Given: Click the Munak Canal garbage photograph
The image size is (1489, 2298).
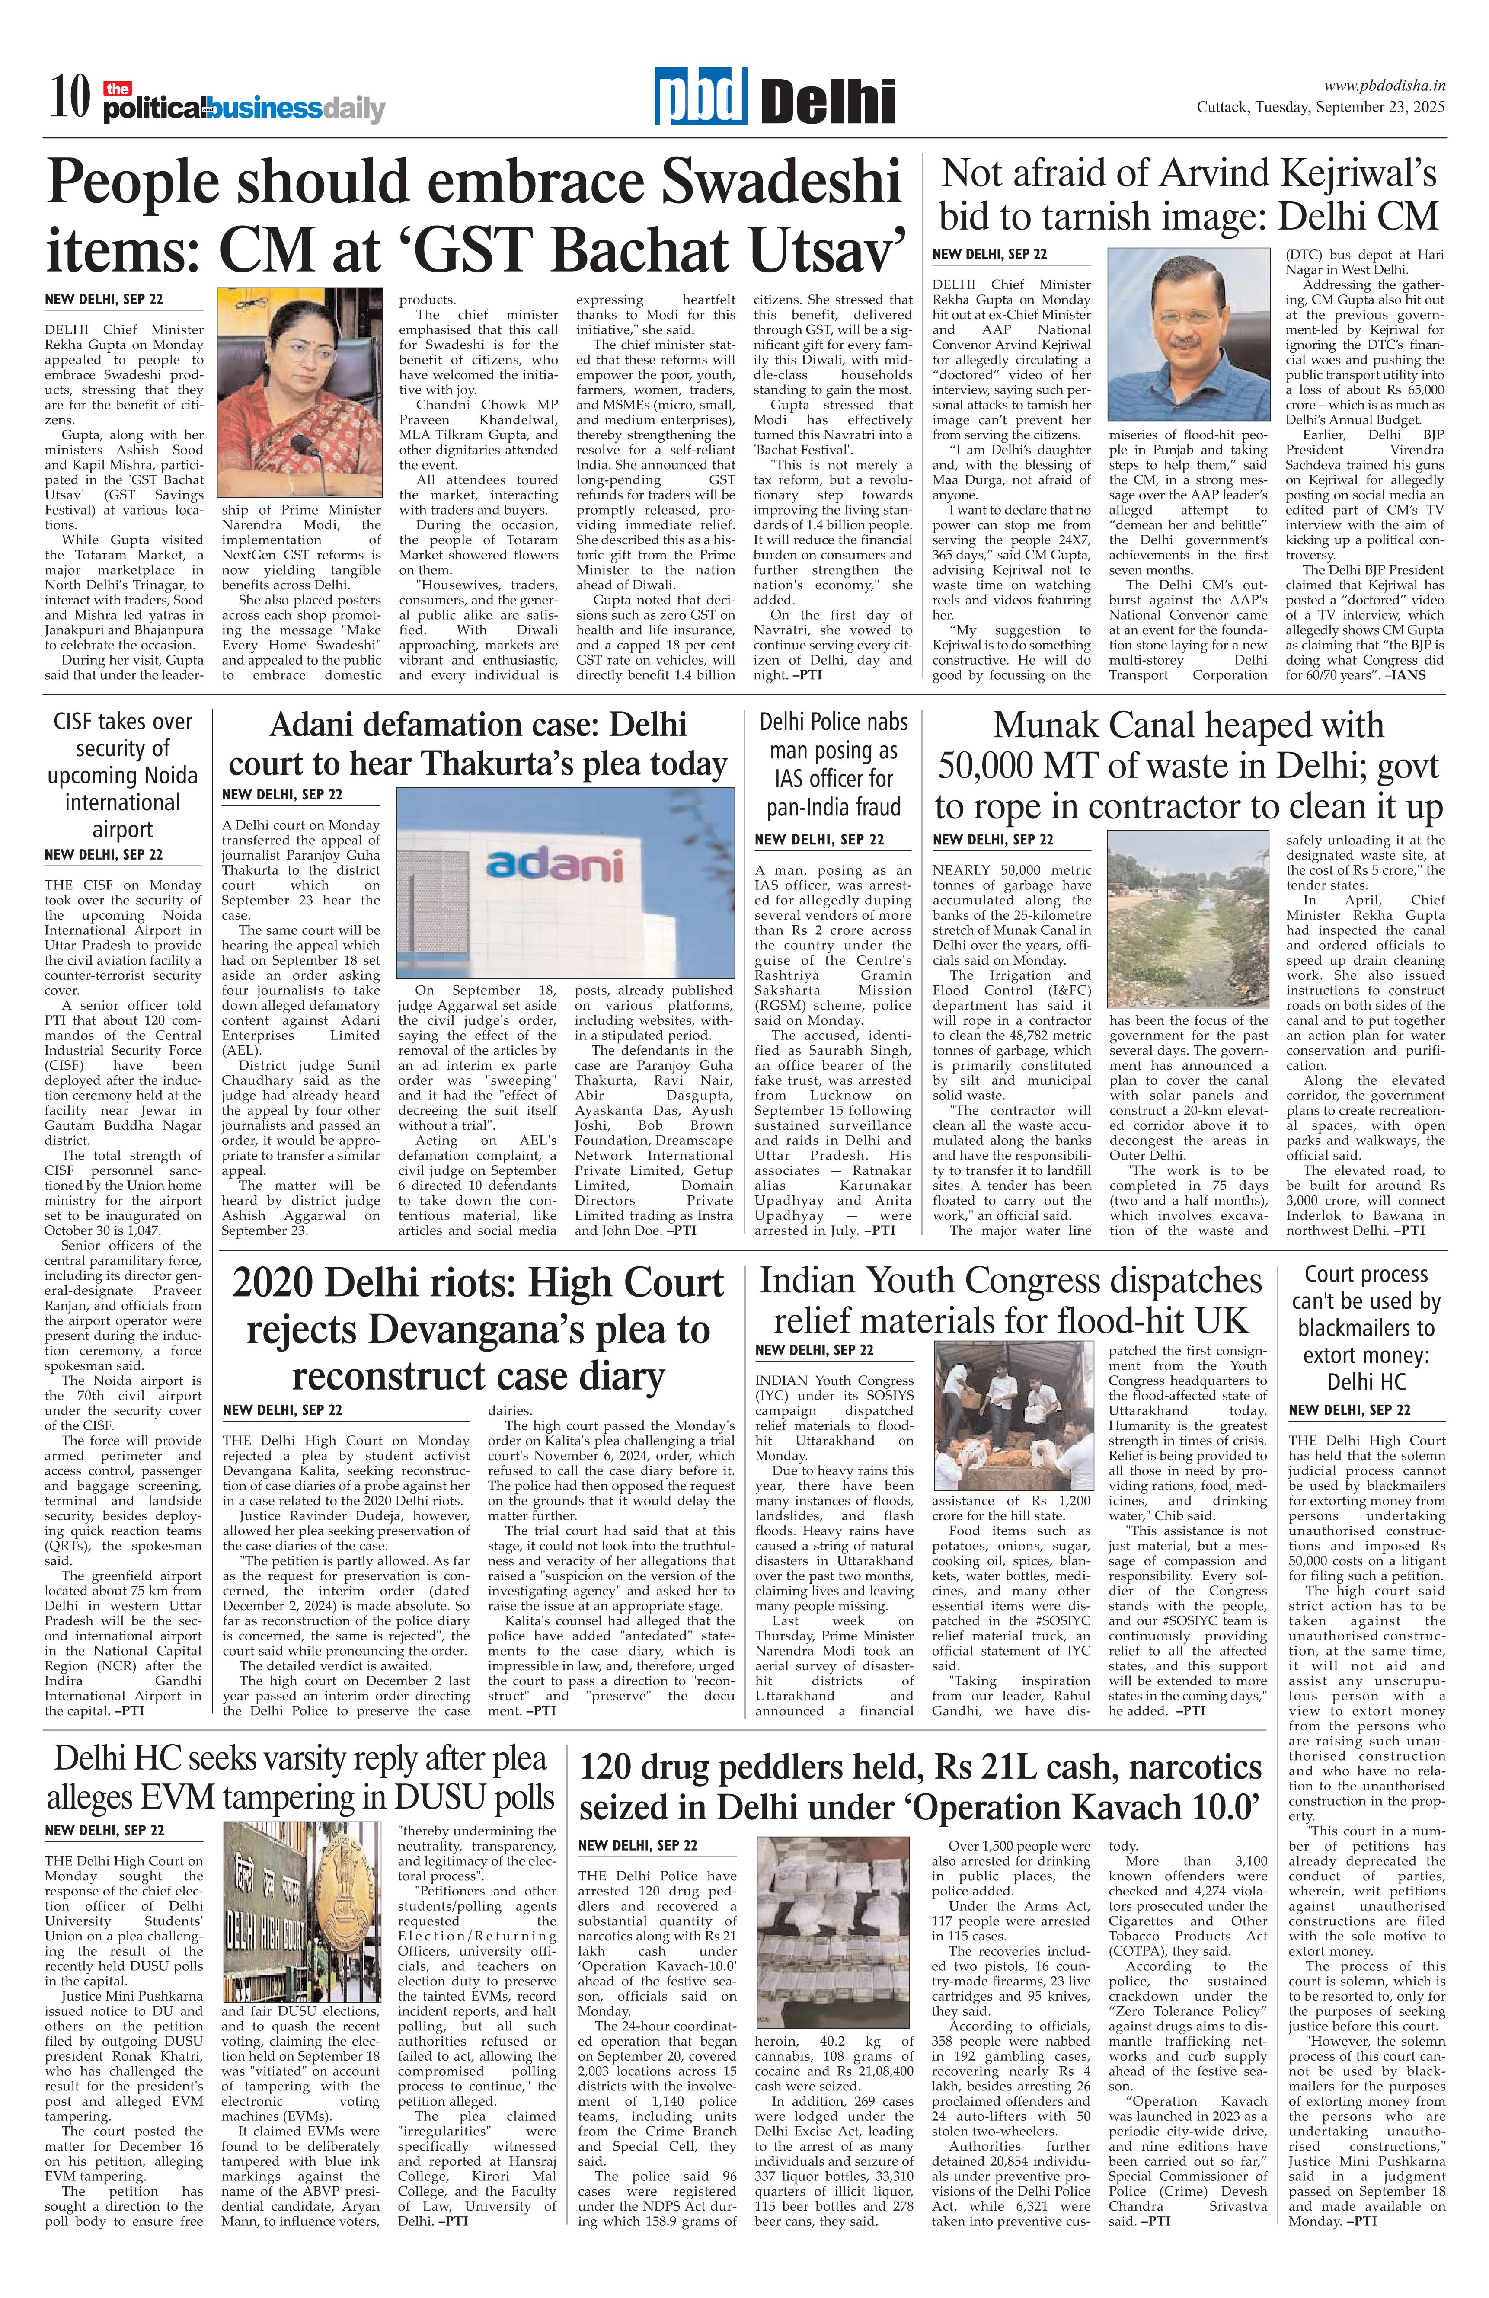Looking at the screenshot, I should pos(1194,917).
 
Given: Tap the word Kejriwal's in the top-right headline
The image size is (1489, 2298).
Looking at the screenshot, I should pos(1358,174).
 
